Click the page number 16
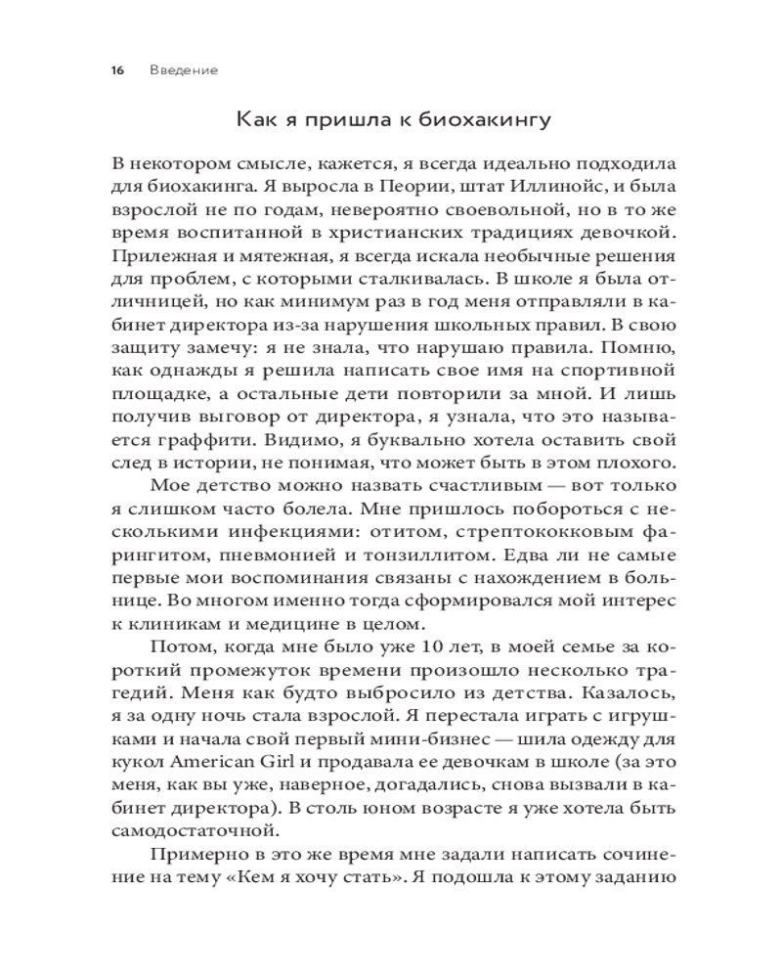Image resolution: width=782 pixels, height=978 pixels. pyautogui.click(x=117, y=71)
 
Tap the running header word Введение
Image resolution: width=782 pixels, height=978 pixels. pyautogui.click(x=185, y=71)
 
